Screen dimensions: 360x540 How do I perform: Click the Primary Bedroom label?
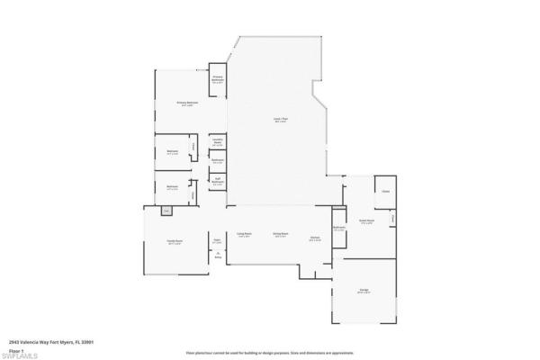click(186, 103)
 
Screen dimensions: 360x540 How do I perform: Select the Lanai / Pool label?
click(281, 120)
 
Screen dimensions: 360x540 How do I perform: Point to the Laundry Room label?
click(218, 141)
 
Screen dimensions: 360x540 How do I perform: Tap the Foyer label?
click(217, 241)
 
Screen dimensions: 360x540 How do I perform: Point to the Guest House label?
click(366, 220)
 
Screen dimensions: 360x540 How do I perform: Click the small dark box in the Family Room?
click(166, 212)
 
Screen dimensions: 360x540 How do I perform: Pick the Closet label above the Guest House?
click(385, 192)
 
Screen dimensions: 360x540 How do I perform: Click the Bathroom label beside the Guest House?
click(339, 229)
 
